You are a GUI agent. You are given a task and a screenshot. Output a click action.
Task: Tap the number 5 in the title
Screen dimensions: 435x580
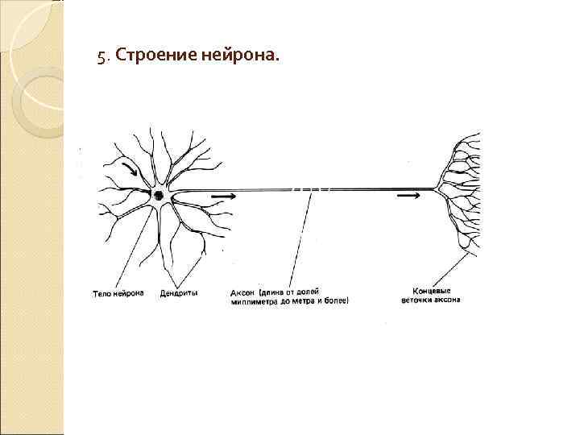(x=101, y=56)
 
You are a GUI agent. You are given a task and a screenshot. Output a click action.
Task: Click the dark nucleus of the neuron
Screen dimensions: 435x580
(x=159, y=195)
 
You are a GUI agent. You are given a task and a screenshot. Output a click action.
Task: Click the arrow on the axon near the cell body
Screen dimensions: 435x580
(x=223, y=196)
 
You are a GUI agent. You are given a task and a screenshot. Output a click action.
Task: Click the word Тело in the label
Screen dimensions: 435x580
(x=99, y=292)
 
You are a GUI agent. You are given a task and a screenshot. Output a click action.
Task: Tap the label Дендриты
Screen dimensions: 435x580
(x=179, y=292)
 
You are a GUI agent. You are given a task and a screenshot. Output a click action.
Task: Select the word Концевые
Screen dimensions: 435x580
(x=431, y=291)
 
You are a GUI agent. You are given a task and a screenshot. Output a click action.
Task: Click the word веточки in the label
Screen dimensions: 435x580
(x=418, y=300)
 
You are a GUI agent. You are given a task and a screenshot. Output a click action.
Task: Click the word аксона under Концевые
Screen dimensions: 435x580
(x=449, y=300)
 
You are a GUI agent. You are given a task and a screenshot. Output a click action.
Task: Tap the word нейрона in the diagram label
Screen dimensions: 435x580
(x=126, y=292)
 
